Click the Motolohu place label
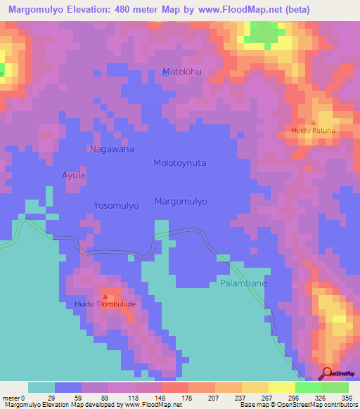182,72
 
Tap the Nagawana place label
111,149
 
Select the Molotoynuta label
180,162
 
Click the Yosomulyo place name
116,205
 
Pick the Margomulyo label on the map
181,201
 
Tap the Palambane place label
238,284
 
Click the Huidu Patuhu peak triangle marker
314,123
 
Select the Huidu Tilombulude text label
105,304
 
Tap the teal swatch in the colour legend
41,387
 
